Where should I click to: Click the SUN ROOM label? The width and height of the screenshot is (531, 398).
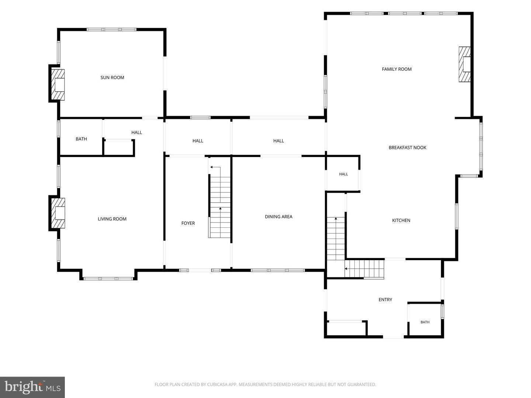pyautogui.click(x=112, y=77)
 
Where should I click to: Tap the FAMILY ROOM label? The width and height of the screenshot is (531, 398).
pyautogui.click(x=396, y=69)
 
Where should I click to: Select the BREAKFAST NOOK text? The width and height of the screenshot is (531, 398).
pyautogui.click(x=407, y=147)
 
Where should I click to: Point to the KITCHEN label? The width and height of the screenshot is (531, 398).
pyautogui.click(x=401, y=220)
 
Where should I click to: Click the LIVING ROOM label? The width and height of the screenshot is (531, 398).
pyautogui.click(x=112, y=219)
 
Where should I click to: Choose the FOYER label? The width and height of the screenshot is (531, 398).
pyautogui.click(x=188, y=223)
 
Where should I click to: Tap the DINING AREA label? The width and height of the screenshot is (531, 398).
pyautogui.click(x=278, y=217)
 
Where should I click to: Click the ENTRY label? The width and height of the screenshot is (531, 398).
pyautogui.click(x=385, y=300)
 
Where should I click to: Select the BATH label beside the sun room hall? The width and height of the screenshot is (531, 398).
pyautogui.click(x=81, y=139)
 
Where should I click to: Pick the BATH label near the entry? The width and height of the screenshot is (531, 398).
pyautogui.click(x=425, y=322)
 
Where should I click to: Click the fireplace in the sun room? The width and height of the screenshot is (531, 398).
pyautogui.click(x=58, y=85)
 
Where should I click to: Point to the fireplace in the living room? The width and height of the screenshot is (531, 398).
pyautogui.click(x=58, y=213)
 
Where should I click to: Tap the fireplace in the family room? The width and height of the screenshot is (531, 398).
pyautogui.click(x=465, y=64)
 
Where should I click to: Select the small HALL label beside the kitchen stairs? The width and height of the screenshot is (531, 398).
pyautogui.click(x=344, y=174)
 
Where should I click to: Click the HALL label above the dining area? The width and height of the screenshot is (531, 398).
pyautogui.click(x=278, y=141)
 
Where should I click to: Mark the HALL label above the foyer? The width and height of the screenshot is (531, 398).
pyautogui.click(x=198, y=141)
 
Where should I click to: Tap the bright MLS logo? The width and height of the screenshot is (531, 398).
pyautogui.click(x=32, y=387)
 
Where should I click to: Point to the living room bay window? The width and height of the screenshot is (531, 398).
pyautogui.click(x=108, y=279)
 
